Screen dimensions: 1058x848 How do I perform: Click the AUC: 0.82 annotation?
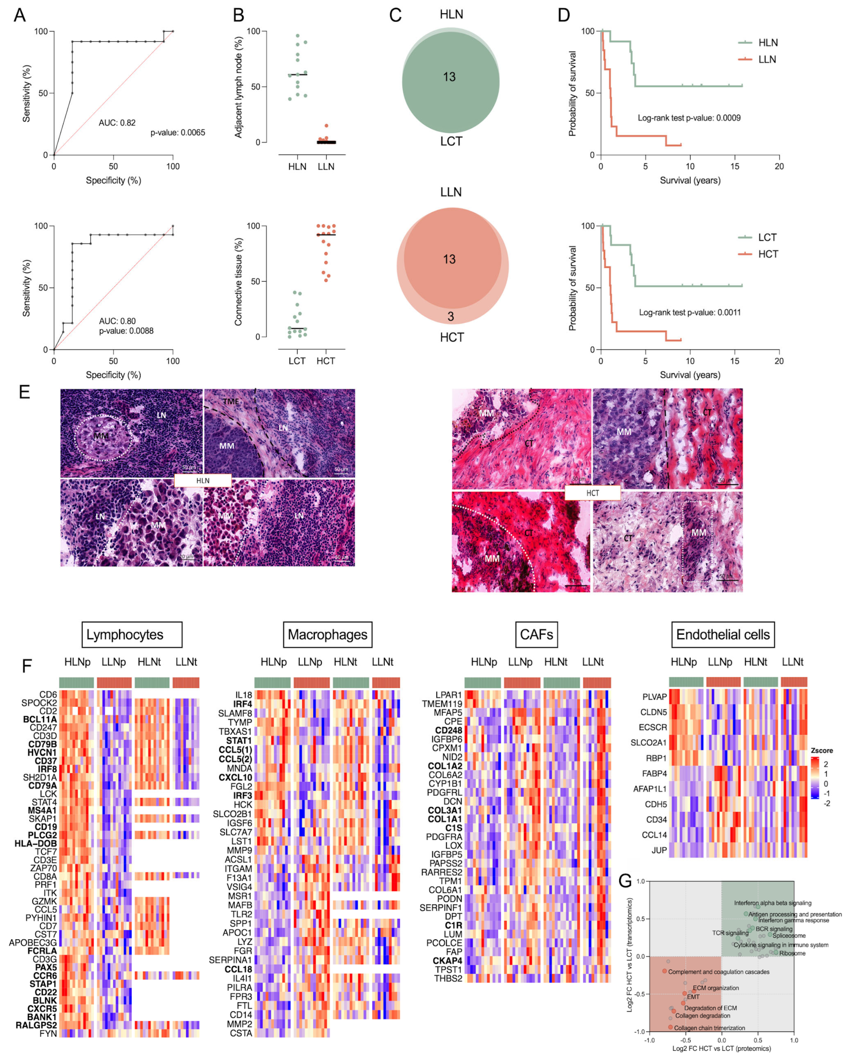(x=117, y=123)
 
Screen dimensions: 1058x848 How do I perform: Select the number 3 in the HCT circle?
(x=451, y=316)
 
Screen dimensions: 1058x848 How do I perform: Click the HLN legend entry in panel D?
(x=768, y=43)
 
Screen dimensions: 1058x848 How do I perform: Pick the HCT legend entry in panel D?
(x=768, y=254)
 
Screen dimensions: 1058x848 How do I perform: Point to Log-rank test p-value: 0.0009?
(x=689, y=118)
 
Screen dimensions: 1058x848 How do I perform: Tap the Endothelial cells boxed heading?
(x=722, y=634)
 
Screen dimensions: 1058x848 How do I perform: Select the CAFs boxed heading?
(x=536, y=634)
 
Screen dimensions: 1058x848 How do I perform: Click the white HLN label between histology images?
(x=203, y=480)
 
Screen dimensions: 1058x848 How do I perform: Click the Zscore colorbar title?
(x=822, y=750)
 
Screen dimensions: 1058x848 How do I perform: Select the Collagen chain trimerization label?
(x=709, y=1028)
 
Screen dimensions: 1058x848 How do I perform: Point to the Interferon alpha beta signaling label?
(x=772, y=903)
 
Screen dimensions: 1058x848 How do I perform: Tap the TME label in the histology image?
(x=231, y=401)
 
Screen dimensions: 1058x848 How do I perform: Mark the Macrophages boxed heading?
(x=327, y=634)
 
